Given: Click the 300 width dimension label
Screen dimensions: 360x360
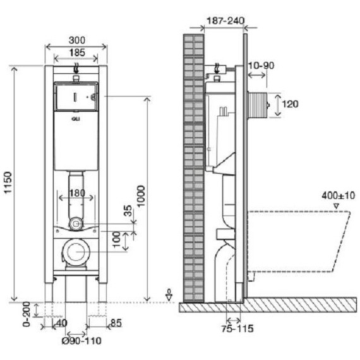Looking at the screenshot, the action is [77, 40].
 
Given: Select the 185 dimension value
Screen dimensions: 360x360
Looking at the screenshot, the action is [77, 53].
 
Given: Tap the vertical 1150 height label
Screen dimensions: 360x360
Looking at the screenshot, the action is [8, 183].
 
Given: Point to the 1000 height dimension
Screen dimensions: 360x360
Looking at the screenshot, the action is [141, 196].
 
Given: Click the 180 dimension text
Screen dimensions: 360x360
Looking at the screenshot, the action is [77, 193].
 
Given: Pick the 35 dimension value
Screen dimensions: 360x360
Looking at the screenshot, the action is [128, 211].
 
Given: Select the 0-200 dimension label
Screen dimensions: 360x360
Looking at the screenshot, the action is [27, 314].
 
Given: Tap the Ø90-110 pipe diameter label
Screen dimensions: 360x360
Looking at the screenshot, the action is [81, 340].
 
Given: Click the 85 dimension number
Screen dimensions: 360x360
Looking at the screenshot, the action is [116, 323].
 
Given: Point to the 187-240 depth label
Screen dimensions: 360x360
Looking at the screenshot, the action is [225, 21].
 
